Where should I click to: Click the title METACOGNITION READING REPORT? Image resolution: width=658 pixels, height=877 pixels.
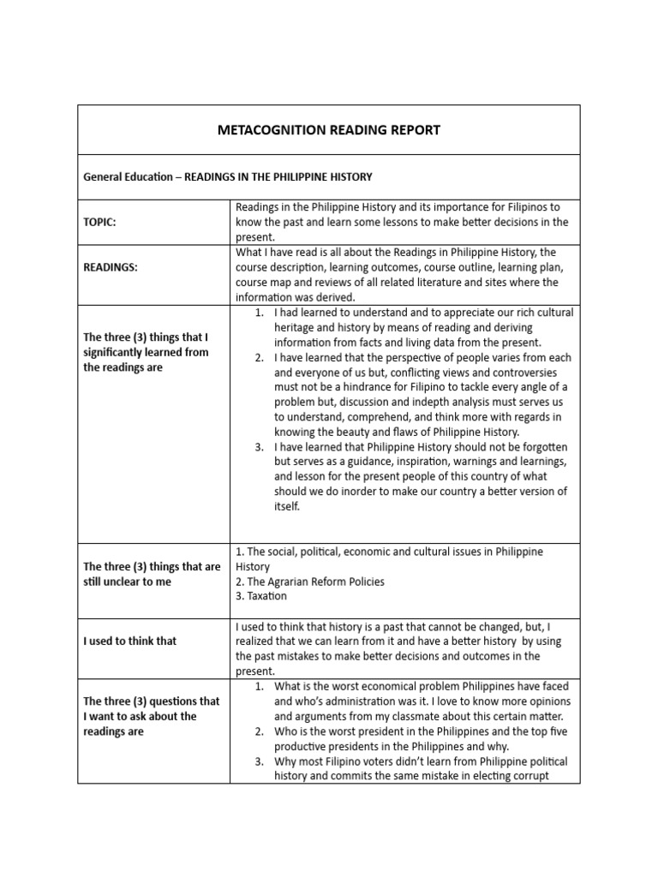tap(328, 130)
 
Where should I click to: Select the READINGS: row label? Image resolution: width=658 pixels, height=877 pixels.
tap(111, 267)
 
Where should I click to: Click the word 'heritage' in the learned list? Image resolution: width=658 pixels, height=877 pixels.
tap(296, 327)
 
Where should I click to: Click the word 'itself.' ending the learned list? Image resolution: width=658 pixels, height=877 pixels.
tap(288, 507)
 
